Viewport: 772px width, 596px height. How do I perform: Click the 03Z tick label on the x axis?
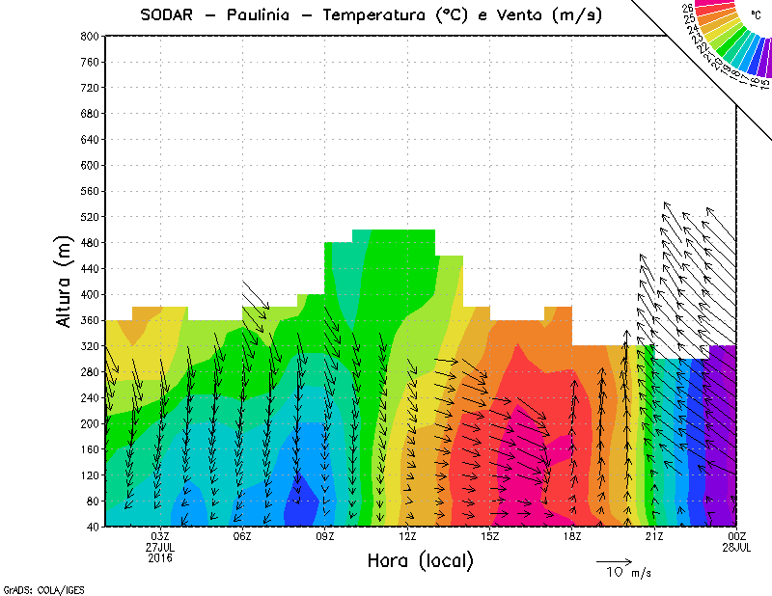point(160,536)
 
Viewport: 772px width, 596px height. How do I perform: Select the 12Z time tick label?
point(407,536)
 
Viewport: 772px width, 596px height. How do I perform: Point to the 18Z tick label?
point(572,536)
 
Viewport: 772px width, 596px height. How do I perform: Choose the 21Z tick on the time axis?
point(654,536)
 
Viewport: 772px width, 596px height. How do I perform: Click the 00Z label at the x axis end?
point(737,536)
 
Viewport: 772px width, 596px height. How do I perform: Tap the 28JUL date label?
point(737,547)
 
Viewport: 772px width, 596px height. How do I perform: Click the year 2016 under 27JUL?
point(160,557)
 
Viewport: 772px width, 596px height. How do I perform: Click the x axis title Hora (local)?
point(420,560)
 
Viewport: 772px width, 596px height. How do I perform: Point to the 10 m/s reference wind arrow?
point(614,560)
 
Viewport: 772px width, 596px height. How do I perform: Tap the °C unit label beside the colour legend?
point(757,14)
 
